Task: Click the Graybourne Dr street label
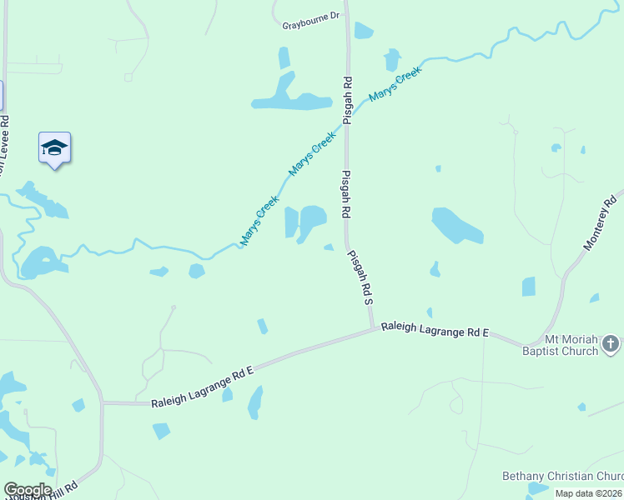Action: pos(311,16)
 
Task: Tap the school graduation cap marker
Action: pos(54,148)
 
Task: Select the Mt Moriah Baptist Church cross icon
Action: pos(611,343)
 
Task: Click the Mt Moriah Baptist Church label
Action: pos(571,345)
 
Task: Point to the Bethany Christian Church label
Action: pos(561,476)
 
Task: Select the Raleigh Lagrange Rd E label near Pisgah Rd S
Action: pos(435,331)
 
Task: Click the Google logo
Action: pos(28,490)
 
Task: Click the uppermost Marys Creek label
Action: pos(395,84)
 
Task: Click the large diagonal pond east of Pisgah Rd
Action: pos(456,225)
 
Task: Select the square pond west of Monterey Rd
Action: pos(528,287)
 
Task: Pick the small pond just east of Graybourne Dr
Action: pos(363,31)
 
